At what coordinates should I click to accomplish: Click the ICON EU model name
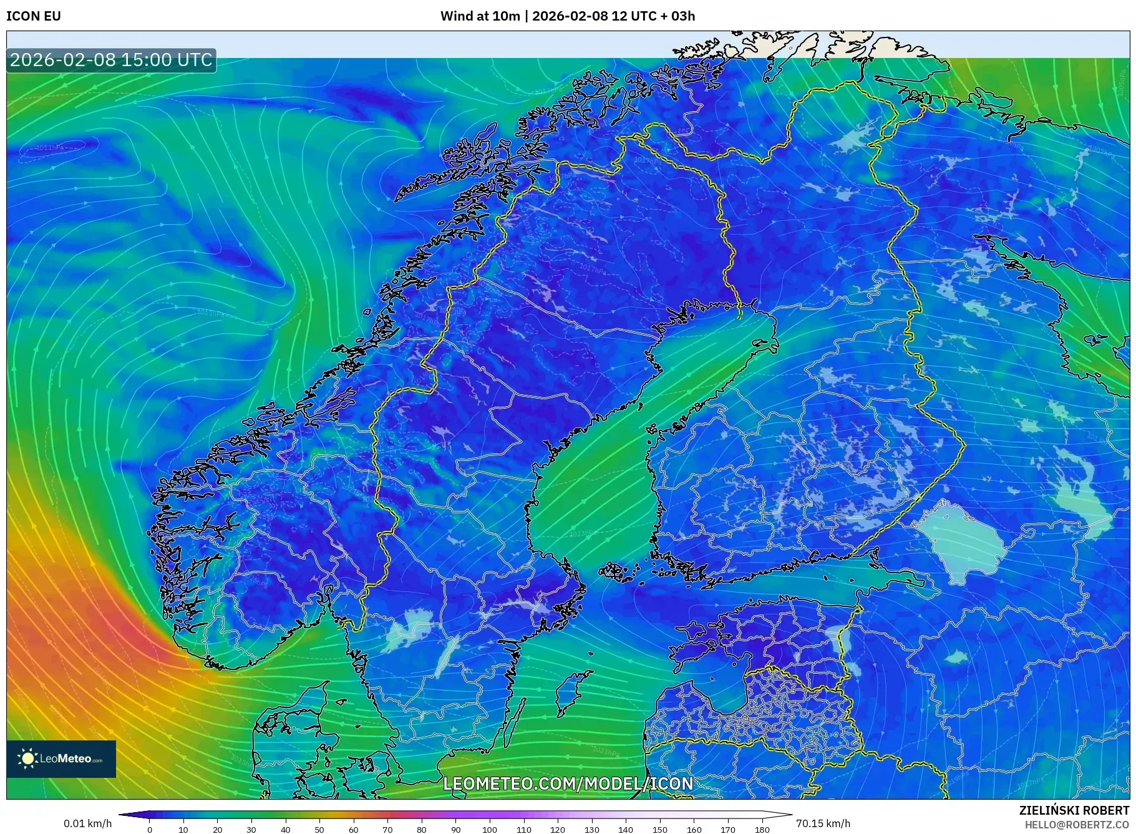pyautogui.click(x=34, y=16)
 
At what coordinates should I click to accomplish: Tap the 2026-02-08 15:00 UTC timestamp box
pyautogui.click(x=112, y=60)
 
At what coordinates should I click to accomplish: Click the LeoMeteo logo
pyautogui.click(x=61, y=759)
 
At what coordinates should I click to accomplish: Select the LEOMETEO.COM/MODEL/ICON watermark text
pyautogui.click(x=568, y=783)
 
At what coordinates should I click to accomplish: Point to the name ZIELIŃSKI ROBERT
pyautogui.click(x=1074, y=810)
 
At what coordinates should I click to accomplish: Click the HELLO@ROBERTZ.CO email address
pyautogui.click(x=1077, y=825)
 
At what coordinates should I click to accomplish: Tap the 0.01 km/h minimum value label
pyautogui.click(x=88, y=823)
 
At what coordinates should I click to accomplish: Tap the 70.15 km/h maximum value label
pyautogui.click(x=823, y=823)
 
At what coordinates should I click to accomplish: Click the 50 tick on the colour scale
pyautogui.click(x=319, y=830)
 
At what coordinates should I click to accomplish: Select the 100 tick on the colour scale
pyautogui.click(x=490, y=830)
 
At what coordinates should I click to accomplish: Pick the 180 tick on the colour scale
pyautogui.click(x=762, y=830)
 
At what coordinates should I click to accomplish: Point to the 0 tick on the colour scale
pyautogui.click(x=150, y=830)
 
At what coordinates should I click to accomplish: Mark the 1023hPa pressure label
pyautogui.click(x=583, y=533)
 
